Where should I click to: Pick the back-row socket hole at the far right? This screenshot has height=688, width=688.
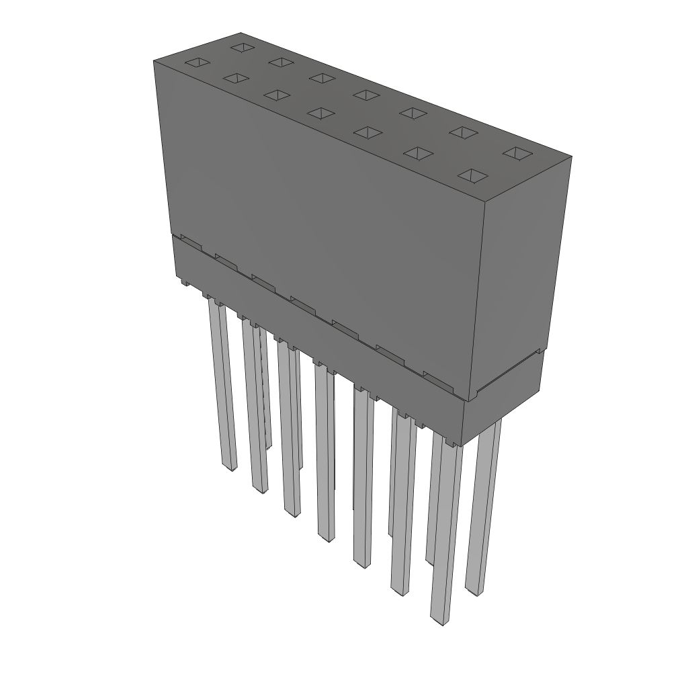point(517,154)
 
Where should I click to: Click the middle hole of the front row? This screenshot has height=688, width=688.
point(321,113)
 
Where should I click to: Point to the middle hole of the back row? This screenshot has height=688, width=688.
point(366,95)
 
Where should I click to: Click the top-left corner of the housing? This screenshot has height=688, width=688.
point(154,61)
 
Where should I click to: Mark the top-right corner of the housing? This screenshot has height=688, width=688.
point(571,157)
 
